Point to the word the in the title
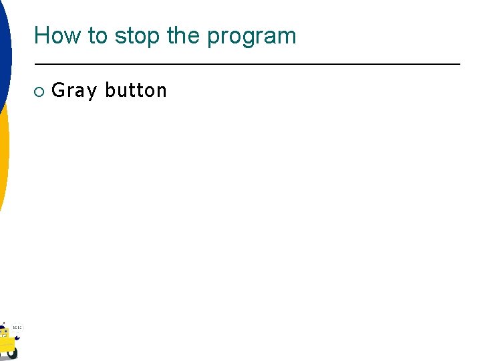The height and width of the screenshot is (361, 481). [184, 35]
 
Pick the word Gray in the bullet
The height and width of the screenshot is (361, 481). [74, 91]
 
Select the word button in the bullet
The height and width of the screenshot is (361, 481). [136, 90]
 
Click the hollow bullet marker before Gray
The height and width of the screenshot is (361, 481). [39, 91]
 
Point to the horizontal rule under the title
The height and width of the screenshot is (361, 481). [247, 64]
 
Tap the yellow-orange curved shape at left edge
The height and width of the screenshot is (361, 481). [4, 154]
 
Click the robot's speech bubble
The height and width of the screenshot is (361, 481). [17, 328]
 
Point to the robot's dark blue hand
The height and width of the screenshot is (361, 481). [17, 338]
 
